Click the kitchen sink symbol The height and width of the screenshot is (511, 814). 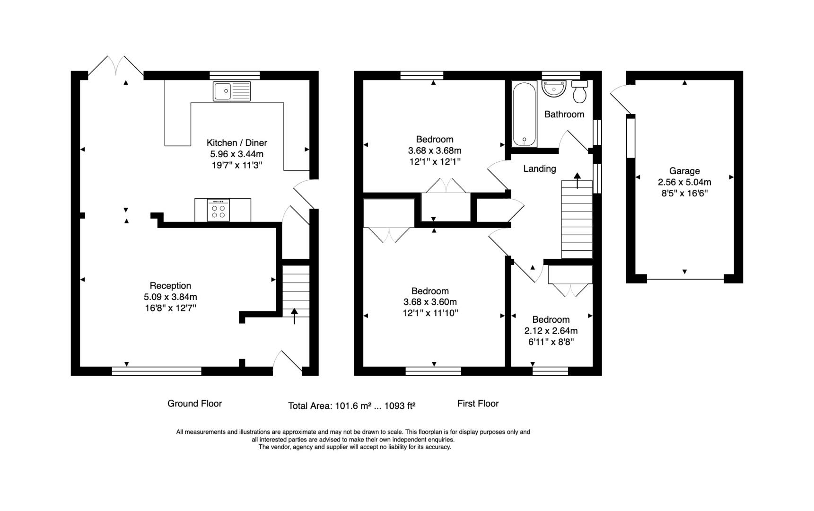[232, 91]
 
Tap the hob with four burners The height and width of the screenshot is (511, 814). [219, 210]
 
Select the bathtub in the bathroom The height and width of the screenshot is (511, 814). [524, 115]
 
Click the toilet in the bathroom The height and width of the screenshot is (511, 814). [579, 91]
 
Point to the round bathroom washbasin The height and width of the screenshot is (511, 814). [554, 88]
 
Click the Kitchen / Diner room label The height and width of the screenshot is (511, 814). [236, 142]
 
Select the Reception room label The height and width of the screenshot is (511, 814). [170, 285]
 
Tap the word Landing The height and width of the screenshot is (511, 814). [539, 168]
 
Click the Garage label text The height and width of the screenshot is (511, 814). [684, 171]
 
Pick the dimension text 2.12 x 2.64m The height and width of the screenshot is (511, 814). [551, 331]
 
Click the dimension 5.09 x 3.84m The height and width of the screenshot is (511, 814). [170, 297]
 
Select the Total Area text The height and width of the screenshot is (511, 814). [352, 405]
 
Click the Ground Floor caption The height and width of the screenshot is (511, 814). [194, 403]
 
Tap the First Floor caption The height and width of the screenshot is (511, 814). [478, 403]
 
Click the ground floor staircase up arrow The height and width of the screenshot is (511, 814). [295, 316]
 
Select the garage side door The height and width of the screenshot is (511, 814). [621, 100]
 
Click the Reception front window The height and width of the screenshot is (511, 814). [157, 371]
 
